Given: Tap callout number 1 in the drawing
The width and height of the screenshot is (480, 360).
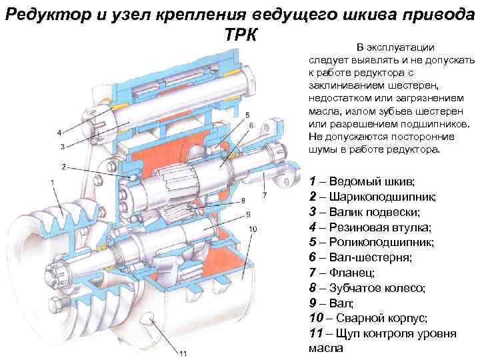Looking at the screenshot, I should coord(53,183).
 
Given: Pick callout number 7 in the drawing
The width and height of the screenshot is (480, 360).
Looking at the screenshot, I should coord(265,195).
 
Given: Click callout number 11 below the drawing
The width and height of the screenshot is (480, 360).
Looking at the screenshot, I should coord(183,353).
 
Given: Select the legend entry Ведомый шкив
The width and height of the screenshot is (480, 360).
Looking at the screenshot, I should coord(371,182).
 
